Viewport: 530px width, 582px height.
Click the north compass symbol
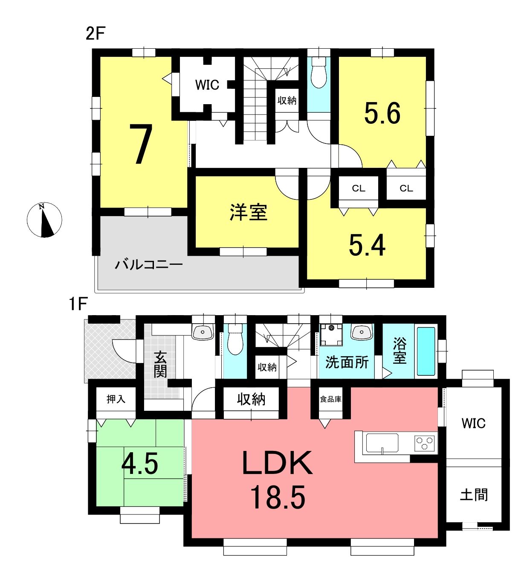44,219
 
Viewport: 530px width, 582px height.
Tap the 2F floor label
95,34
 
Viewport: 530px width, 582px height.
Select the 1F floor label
78,304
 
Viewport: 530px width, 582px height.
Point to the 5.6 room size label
382,113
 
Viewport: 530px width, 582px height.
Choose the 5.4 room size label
367,245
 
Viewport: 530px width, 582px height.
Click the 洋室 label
248,213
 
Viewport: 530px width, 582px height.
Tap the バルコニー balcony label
149,265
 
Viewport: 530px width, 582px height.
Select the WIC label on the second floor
207,85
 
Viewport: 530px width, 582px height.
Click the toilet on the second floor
319,72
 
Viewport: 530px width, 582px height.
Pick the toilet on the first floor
235,339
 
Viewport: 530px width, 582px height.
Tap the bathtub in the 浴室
426,351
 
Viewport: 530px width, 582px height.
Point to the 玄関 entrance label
160,364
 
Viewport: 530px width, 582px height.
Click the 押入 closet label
116,399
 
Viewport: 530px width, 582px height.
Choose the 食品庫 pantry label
330,399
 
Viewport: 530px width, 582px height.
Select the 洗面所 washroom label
347,363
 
